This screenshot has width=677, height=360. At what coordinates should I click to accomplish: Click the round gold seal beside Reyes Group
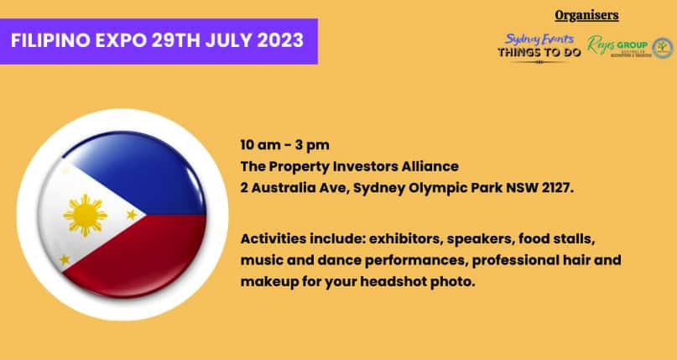pyautogui.click(x=663, y=47)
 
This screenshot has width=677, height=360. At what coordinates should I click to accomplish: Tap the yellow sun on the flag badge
pyautogui.click(x=85, y=216)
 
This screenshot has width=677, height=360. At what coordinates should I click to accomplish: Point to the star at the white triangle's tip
pyautogui.click(x=132, y=215)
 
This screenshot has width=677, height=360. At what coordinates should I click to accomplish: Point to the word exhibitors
pyautogui.click(x=402, y=238)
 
